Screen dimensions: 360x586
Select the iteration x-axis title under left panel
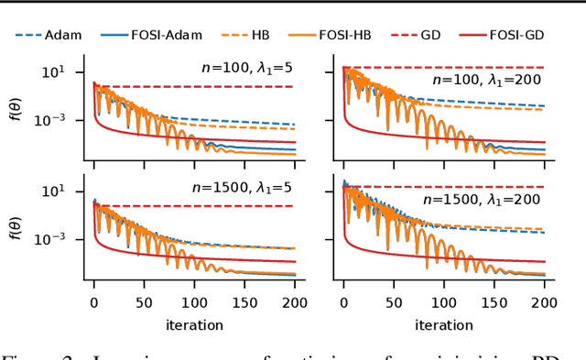193,324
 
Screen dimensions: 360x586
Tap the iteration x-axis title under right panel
443,324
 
